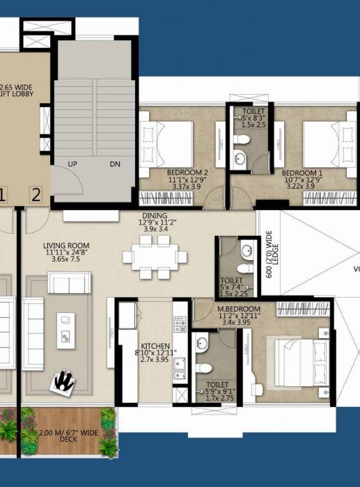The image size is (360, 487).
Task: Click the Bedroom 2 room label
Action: point(188,172)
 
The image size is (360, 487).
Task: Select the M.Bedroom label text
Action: point(239,308)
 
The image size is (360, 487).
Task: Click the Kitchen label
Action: point(155,346)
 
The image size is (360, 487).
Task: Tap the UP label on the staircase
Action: point(72,164)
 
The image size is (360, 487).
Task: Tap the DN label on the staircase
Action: point(116,164)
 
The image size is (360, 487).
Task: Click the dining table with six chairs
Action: point(155,257)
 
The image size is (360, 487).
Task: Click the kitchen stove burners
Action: point(179,324)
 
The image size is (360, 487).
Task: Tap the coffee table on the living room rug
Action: point(67,328)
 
